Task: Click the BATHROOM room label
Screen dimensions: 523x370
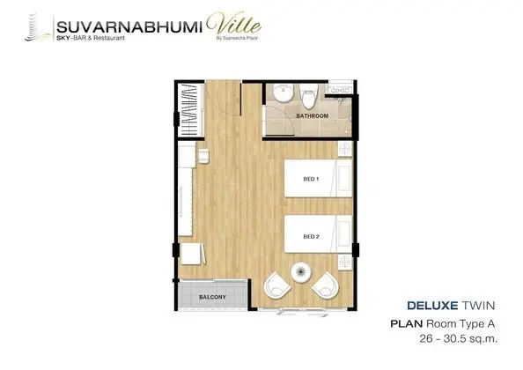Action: [313, 115]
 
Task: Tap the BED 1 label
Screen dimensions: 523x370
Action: [311, 179]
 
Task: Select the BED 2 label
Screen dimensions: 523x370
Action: [311, 237]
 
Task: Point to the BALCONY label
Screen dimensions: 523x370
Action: [212, 297]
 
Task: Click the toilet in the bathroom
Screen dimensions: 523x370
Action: [308, 96]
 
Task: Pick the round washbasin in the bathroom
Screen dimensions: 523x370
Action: [284, 92]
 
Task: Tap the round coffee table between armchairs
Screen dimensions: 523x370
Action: [301, 272]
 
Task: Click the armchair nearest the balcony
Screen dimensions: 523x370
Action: [277, 285]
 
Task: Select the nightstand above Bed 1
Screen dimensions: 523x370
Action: [345, 149]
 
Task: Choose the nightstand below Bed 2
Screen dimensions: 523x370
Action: [345, 262]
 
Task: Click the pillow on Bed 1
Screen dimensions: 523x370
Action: [344, 178]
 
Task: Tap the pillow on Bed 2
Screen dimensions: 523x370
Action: [344, 235]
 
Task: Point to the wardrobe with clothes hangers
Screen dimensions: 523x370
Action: [191, 110]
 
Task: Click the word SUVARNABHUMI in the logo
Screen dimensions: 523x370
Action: [129, 27]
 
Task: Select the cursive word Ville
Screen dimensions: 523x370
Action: [233, 24]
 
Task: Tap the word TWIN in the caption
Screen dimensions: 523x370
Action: [479, 306]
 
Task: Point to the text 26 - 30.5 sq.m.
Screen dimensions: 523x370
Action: [459, 339]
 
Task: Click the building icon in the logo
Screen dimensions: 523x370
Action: [37, 27]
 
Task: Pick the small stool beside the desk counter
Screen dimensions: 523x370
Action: [203, 156]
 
